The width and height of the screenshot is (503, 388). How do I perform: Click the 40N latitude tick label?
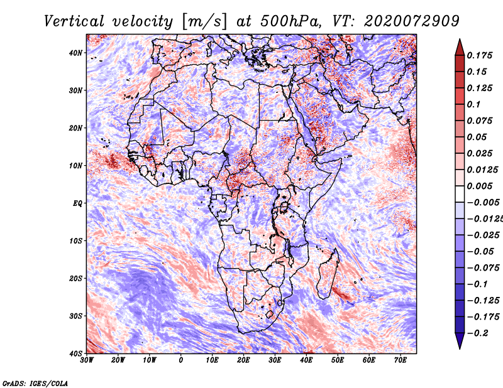click(75, 53)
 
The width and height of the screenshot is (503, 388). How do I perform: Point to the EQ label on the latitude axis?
click(77, 203)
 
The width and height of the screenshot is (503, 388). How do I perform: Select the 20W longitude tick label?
click(118, 360)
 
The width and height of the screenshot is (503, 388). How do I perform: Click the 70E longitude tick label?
click(401, 360)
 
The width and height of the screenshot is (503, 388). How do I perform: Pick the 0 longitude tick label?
click(181, 360)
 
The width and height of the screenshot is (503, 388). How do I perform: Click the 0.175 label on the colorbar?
click(479, 55)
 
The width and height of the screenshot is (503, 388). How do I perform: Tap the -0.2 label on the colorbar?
click(477, 333)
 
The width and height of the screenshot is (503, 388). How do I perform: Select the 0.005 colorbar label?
click(479, 186)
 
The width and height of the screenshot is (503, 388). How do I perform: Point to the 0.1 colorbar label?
click(473, 104)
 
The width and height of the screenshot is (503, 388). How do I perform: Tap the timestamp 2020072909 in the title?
click(412, 21)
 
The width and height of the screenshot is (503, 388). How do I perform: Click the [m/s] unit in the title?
click(204, 22)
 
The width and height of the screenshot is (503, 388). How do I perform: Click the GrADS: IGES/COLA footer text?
click(35, 384)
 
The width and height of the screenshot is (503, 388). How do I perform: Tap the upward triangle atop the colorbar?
click(460, 47)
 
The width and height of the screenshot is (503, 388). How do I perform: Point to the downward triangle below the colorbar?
click(460, 341)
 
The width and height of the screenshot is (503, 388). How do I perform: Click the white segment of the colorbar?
click(460, 194)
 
